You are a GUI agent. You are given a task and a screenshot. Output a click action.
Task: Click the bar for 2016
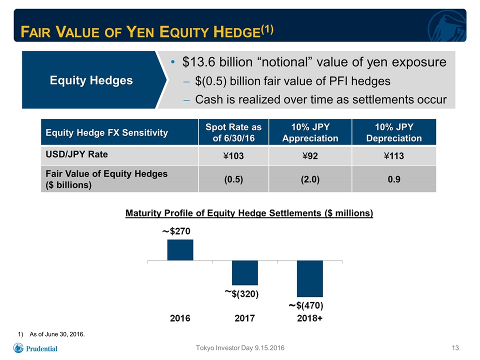[x=180, y=250]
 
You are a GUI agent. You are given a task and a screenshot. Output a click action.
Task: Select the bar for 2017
[x=245, y=273]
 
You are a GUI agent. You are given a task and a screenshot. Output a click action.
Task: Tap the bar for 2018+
[x=310, y=278]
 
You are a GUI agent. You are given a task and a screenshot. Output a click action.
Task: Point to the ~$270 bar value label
[x=176, y=231]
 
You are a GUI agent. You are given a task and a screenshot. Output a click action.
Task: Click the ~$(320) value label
[x=242, y=294]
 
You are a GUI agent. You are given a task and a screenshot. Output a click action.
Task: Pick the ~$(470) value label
[x=306, y=305]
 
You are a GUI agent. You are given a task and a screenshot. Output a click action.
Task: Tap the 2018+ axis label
[x=310, y=318]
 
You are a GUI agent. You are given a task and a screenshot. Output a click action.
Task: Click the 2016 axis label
[x=180, y=318]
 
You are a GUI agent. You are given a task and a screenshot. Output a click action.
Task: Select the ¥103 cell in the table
[x=233, y=156]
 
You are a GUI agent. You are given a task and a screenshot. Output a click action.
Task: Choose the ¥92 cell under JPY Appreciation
[x=310, y=156]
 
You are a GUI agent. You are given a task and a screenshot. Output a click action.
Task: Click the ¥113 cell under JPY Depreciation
[x=394, y=156]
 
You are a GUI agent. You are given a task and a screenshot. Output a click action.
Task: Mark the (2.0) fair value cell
[x=310, y=179]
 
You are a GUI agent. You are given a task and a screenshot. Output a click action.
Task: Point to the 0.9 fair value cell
[x=394, y=179]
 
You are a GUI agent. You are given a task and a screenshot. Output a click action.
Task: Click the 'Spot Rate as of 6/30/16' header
[x=233, y=132]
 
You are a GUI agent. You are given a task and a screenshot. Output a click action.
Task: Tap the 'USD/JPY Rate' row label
[x=76, y=154]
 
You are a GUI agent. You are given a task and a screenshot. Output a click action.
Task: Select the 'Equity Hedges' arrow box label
[x=91, y=80]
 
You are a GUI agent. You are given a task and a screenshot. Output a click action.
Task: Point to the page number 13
[x=455, y=348]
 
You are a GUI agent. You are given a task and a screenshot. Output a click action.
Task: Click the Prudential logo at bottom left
[x=35, y=348]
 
